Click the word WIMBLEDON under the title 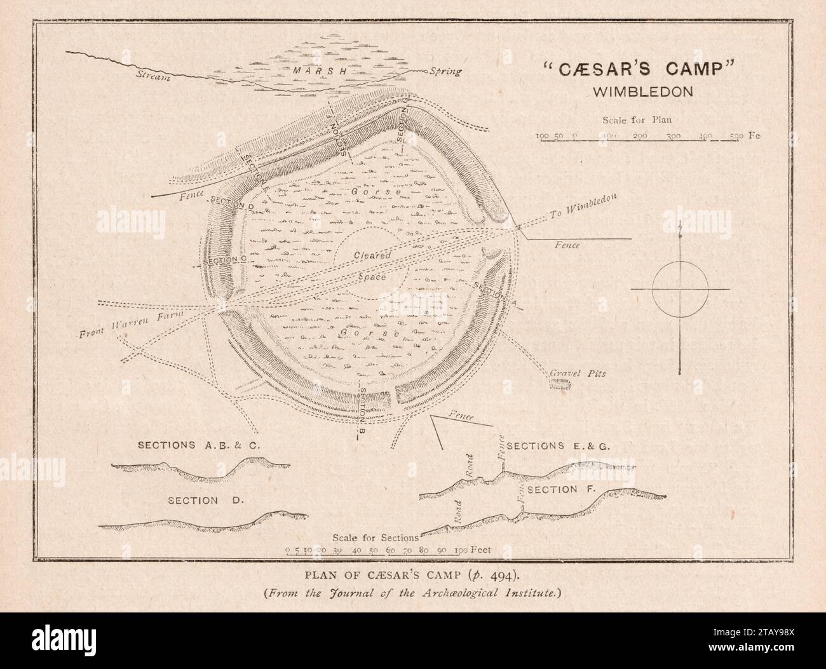coord(642,90)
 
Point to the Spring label coord(445,71)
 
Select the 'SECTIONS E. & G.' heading coord(559,446)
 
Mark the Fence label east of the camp coord(567,245)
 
